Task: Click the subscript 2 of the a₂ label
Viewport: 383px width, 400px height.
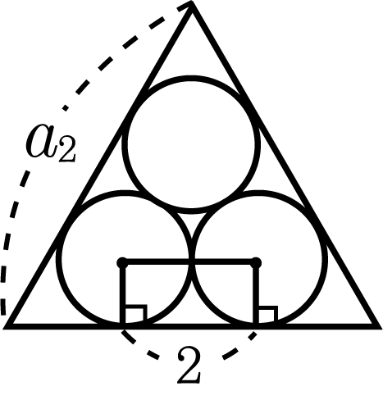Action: [66, 151]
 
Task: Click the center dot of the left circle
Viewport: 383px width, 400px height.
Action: [122, 262]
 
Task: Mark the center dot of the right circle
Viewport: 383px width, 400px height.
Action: [256, 262]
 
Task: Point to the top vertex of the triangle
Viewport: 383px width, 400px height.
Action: [192, 3]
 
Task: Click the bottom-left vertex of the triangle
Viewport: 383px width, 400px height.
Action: [6, 326]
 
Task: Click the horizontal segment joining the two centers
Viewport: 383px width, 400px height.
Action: [189, 262]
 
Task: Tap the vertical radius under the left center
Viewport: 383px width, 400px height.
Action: [122, 293]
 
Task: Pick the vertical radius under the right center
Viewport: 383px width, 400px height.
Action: [256, 293]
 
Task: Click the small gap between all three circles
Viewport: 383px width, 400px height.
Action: [192, 221]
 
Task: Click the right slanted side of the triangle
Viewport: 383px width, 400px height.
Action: [285, 165]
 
